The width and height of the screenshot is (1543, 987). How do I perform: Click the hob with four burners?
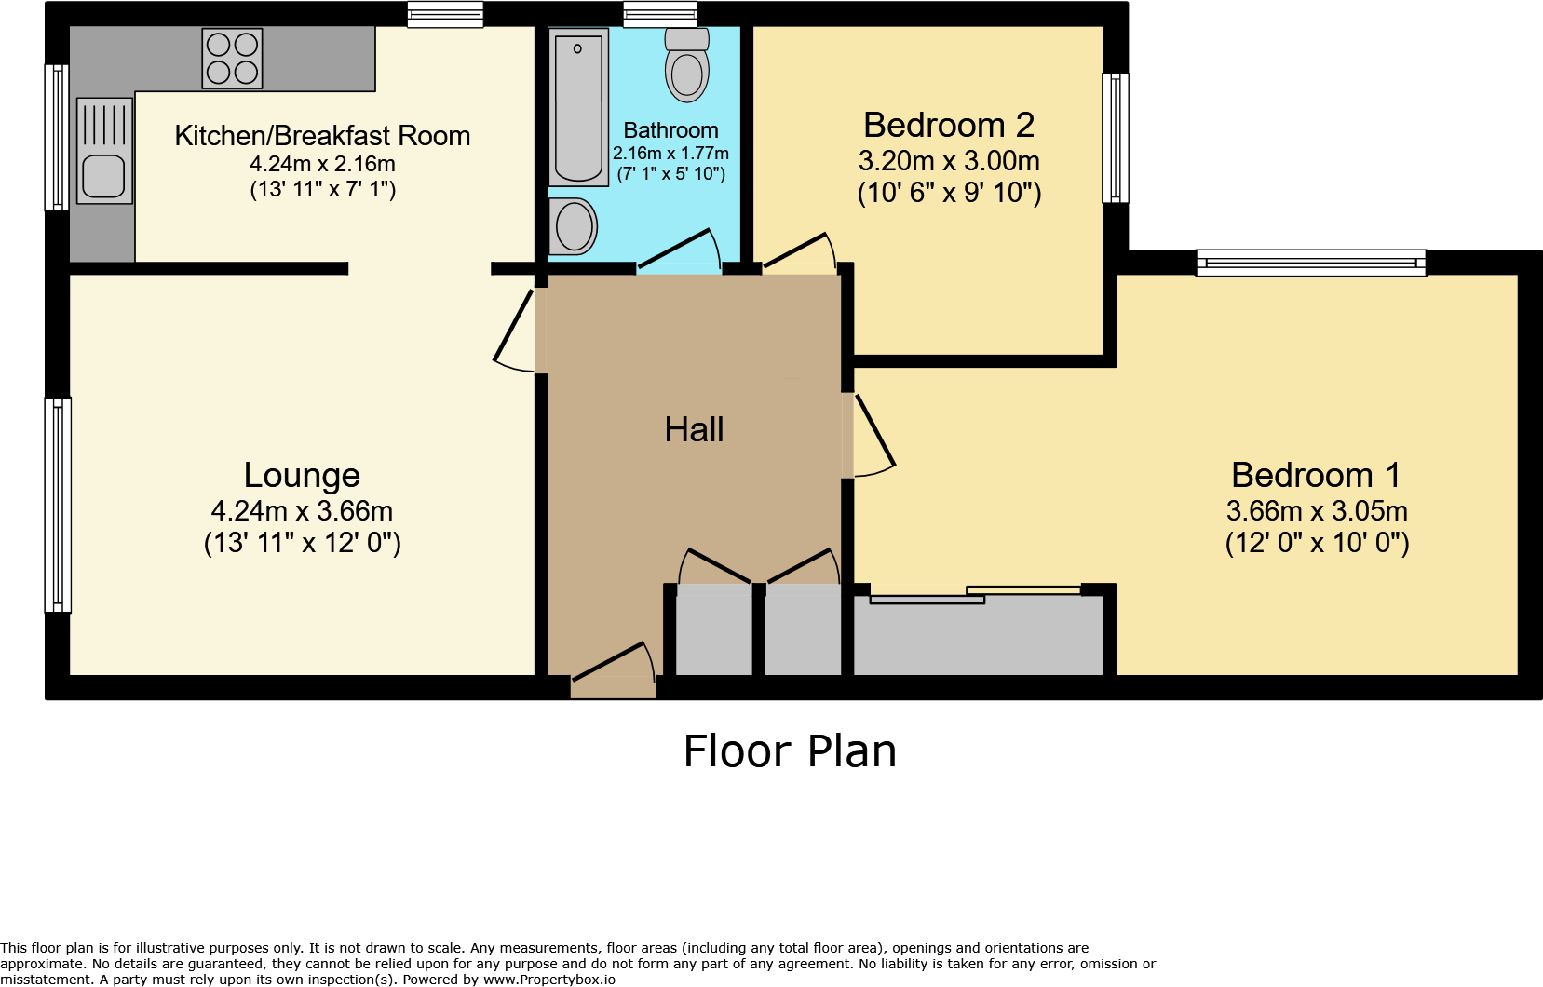(x=232, y=59)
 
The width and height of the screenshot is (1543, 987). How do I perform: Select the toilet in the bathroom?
(x=687, y=67)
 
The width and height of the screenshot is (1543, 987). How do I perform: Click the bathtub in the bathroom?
(x=578, y=107)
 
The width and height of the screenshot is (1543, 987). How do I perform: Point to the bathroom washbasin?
(x=574, y=226)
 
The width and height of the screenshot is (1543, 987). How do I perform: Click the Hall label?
(x=694, y=430)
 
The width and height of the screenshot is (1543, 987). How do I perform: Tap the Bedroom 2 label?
(x=948, y=125)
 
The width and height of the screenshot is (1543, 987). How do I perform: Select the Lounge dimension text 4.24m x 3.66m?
(x=302, y=511)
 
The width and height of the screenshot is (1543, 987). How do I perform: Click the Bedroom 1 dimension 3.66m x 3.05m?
(x=1316, y=511)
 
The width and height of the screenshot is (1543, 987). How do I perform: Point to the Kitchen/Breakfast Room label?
(x=322, y=136)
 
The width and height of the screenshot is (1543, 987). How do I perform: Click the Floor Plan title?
(x=790, y=751)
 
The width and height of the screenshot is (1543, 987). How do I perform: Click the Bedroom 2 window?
(x=1115, y=138)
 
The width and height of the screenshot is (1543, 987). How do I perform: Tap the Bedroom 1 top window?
(x=1310, y=263)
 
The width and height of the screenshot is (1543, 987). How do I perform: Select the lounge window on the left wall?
(x=58, y=505)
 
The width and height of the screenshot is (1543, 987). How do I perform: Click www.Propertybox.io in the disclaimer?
(x=549, y=980)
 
